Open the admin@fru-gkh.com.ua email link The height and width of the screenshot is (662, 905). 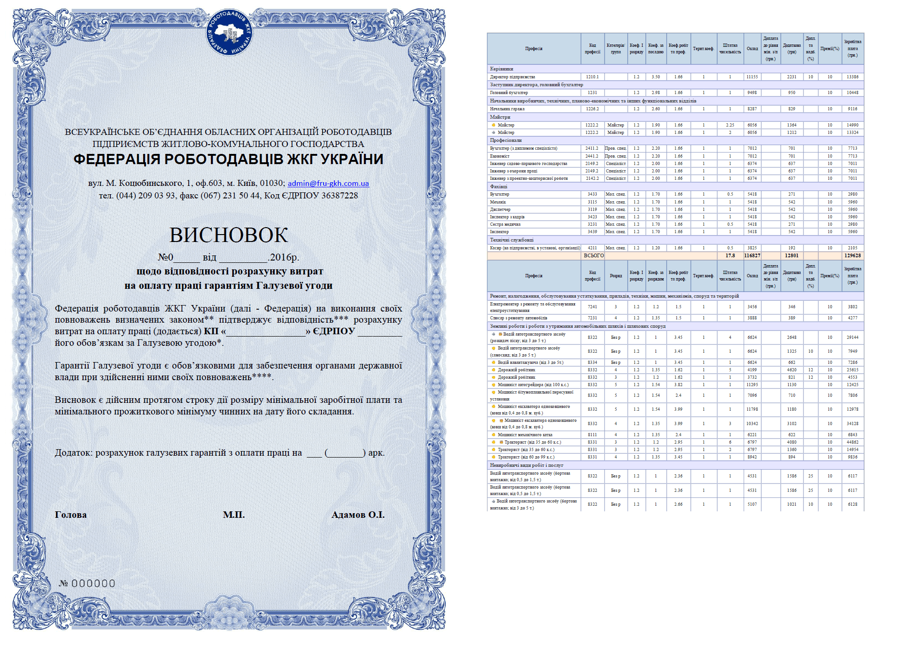(328, 183)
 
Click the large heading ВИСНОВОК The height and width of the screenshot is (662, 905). (229, 235)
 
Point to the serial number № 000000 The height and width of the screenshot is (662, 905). (87, 583)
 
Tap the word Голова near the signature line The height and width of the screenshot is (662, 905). (70, 515)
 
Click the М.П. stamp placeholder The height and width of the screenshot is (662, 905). (234, 515)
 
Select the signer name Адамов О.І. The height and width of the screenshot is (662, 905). (357, 515)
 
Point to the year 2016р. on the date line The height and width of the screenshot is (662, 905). (284, 257)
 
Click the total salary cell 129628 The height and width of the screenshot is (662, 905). (852, 255)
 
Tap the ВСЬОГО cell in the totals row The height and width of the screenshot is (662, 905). (593, 255)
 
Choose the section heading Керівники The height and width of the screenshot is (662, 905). (502, 69)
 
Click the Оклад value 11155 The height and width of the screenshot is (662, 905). (752, 77)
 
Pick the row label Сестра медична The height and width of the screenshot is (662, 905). (505, 224)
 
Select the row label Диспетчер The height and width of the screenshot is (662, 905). (500, 210)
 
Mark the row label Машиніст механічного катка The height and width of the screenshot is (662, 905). (525, 435)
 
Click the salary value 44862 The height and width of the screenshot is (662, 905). (852, 442)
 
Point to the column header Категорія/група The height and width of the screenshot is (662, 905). (616, 49)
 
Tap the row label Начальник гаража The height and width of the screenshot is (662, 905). (507, 109)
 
